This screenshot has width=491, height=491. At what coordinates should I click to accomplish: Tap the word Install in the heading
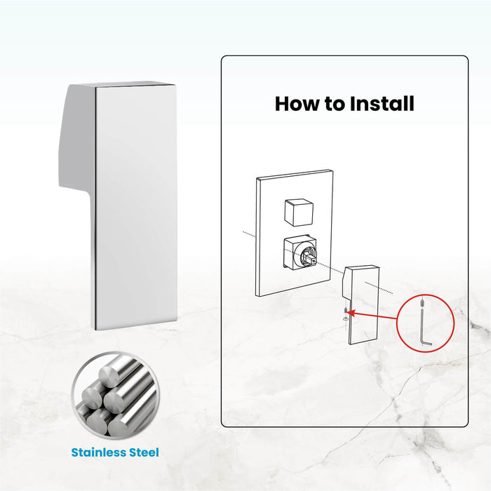382,104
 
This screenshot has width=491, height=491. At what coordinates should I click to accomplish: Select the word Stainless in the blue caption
98,452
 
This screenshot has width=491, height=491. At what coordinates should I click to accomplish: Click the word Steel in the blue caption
144,452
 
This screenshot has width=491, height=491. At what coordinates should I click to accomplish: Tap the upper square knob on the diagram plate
299,212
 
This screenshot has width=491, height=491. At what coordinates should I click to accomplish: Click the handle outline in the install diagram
361,304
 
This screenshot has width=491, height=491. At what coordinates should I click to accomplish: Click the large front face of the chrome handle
136,207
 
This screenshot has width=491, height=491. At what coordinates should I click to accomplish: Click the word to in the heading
335,105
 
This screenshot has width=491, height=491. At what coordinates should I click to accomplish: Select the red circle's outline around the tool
397,323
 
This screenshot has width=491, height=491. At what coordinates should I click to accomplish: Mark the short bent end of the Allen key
427,344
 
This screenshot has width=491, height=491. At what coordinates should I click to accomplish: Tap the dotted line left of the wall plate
250,234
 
